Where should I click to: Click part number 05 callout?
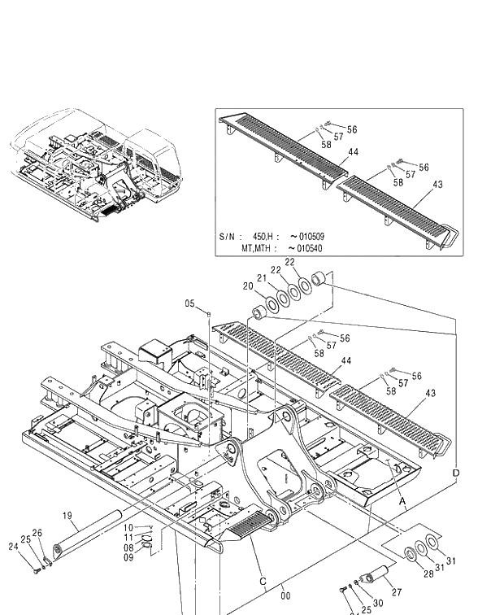(189, 303)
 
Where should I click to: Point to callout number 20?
(247, 286)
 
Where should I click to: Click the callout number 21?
(262, 278)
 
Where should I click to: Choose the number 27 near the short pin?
(397, 593)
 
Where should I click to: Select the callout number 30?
(378, 604)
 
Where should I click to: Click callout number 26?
(37, 532)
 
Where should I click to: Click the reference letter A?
(401, 503)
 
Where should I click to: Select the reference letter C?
(263, 581)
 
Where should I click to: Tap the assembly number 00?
(285, 595)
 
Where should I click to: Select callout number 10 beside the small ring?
(128, 528)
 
